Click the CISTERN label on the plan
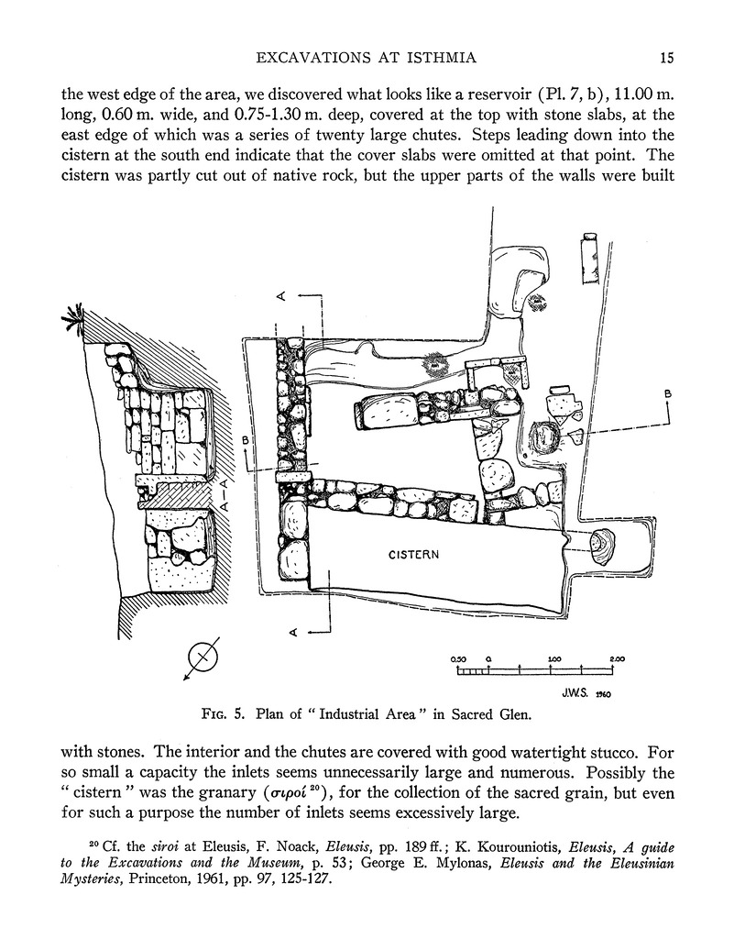click(414, 555)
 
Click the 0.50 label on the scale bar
click(459, 659)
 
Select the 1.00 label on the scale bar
click(553, 659)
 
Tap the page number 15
click(666, 59)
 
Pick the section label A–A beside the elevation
click(224, 496)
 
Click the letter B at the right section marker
click(668, 394)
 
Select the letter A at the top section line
click(283, 296)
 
